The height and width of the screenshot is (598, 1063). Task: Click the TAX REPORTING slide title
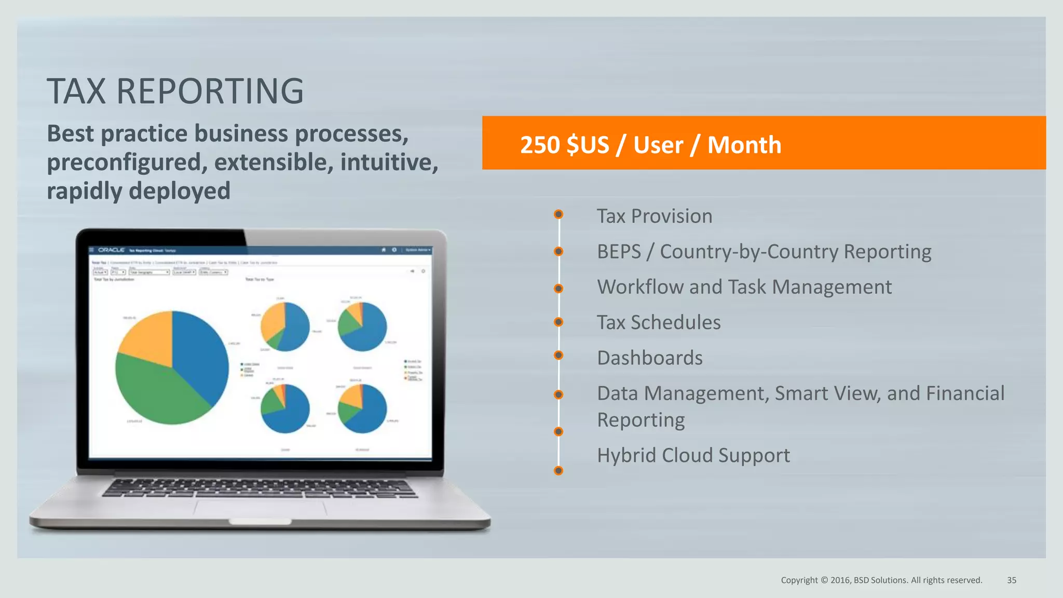point(175,91)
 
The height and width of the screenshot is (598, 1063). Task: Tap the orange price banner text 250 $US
point(564,145)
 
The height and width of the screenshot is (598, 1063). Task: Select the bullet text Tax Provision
point(654,216)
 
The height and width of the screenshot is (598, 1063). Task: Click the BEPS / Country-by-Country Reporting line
point(764,252)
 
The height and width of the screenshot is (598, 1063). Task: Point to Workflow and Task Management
point(744,287)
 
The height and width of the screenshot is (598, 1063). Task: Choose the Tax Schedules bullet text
point(658,322)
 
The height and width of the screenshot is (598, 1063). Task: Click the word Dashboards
point(649,358)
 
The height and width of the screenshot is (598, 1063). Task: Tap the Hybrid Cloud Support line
point(693,455)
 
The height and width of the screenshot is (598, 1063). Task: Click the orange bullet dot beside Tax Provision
point(558,214)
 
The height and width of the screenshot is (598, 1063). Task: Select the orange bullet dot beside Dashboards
point(558,355)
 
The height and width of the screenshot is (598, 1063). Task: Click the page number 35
point(1011,580)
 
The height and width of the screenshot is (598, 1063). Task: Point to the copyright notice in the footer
point(881,580)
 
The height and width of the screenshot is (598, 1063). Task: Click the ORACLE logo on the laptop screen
point(111,250)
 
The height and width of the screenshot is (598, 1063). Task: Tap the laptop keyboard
point(260,488)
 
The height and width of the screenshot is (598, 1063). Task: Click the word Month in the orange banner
point(744,145)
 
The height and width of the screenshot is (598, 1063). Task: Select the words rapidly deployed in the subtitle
point(138,191)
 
